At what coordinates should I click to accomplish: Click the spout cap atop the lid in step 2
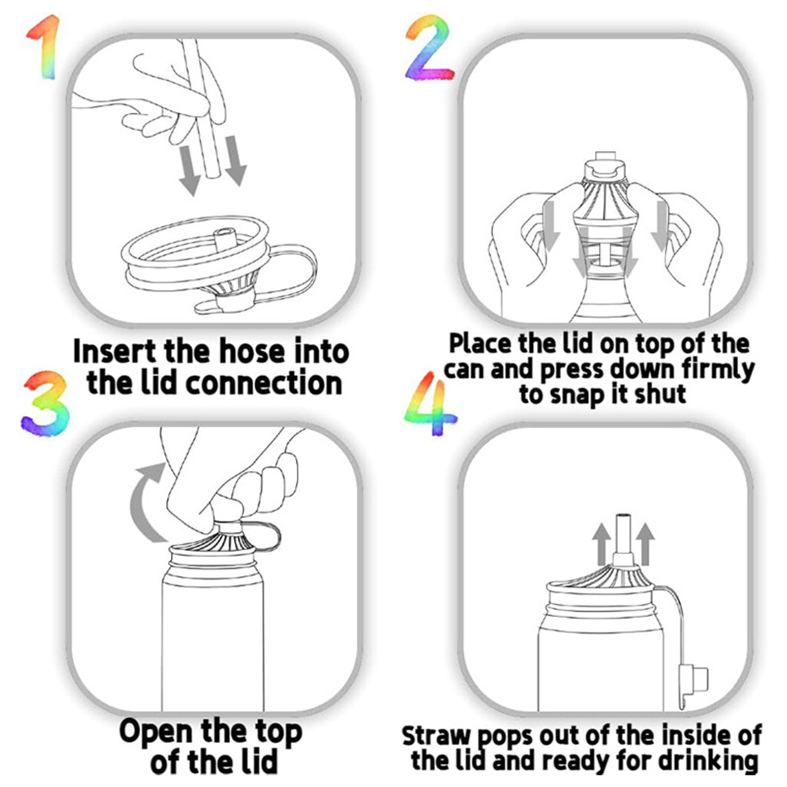tap(606, 167)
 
